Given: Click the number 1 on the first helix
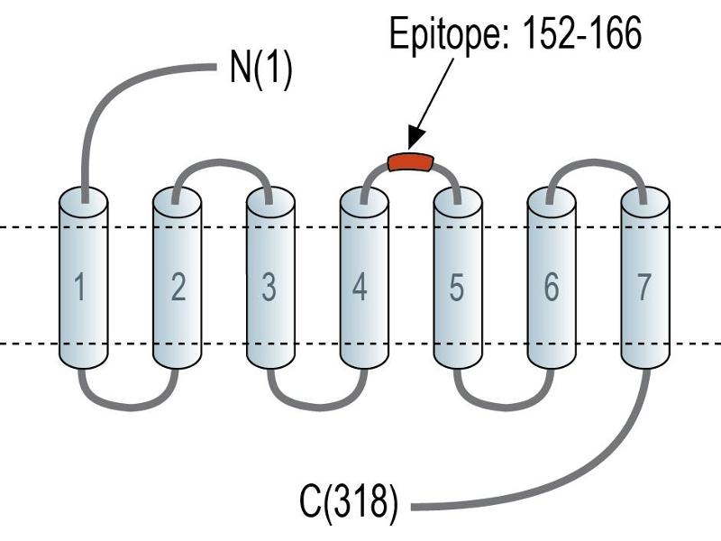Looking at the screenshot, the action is (80, 287).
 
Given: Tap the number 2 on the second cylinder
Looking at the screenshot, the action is (178, 287).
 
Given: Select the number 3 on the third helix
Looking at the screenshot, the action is (269, 287).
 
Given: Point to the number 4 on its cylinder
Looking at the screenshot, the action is (360, 287).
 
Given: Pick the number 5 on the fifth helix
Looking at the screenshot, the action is (456, 287).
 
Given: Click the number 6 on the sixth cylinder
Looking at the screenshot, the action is (552, 287).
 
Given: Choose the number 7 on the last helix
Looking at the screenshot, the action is (643, 287).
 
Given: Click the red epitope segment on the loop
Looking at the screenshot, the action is (411, 162).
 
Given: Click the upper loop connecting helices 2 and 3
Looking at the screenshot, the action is (221, 163).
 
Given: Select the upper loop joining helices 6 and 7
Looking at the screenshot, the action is (596, 163).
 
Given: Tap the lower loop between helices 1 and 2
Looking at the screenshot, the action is (130, 407).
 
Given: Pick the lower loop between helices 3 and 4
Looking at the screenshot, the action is (318, 407).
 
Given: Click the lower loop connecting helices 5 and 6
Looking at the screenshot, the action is (505, 407).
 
